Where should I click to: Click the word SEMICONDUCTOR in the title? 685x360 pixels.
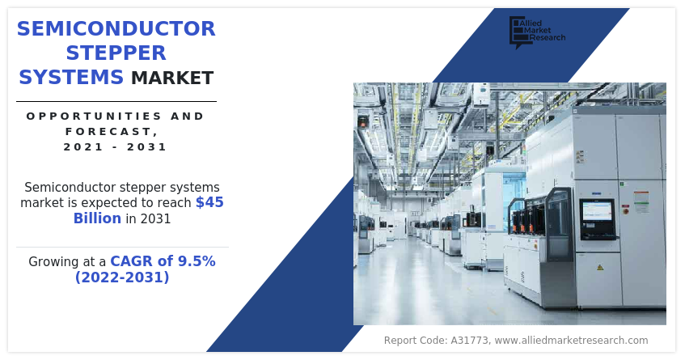(x=116, y=29)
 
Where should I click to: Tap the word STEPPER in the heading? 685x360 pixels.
(x=116, y=53)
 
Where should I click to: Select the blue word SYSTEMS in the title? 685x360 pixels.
(x=71, y=78)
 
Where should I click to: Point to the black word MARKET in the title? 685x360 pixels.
(x=172, y=78)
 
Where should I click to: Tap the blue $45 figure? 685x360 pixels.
(x=209, y=202)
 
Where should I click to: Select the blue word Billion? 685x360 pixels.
(x=97, y=218)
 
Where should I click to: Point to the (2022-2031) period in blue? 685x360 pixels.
(x=122, y=277)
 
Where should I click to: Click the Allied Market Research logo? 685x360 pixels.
(x=537, y=32)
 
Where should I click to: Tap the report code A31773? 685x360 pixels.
(x=470, y=341)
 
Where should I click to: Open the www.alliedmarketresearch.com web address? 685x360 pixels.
(x=572, y=341)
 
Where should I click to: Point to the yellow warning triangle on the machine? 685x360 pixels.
(x=600, y=267)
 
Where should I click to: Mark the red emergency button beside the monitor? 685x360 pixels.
(x=624, y=211)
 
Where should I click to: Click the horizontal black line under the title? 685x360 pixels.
(x=116, y=101)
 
